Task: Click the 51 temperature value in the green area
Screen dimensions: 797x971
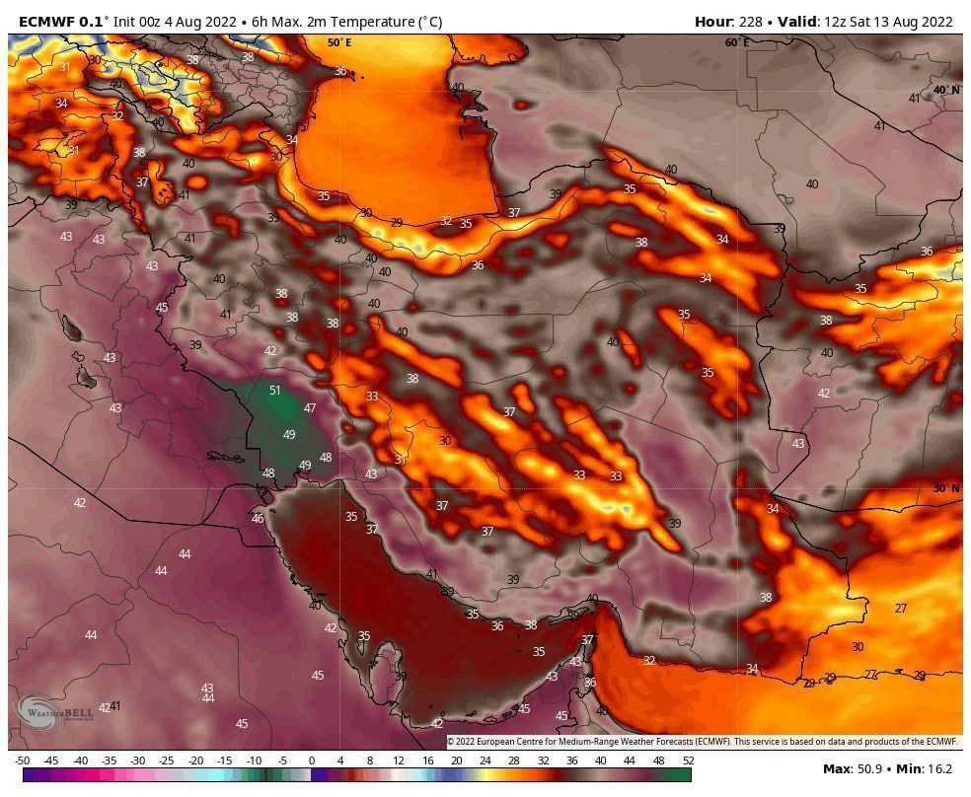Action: (x=275, y=391)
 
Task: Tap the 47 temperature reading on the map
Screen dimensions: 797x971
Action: (x=310, y=408)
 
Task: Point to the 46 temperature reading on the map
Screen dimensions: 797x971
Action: (x=258, y=519)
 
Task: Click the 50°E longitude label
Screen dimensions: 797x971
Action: (x=339, y=42)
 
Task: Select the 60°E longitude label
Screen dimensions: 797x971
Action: (x=736, y=42)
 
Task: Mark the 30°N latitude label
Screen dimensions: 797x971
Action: (x=945, y=488)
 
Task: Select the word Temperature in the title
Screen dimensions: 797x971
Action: (x=369, y=22)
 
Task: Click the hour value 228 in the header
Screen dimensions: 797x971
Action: (x=751, y=22)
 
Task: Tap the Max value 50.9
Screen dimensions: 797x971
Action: (x=867, y=768)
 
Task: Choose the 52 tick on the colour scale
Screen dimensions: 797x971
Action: (x=687, y=761)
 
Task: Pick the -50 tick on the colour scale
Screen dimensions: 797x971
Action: (x=23, y=761)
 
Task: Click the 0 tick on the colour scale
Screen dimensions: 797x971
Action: (x=312, y=761)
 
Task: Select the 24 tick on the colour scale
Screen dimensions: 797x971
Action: (x=485, y=761)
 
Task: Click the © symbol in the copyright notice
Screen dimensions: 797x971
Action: (x=451, y=741)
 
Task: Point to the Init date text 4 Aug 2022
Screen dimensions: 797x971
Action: (x=200, y=22)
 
